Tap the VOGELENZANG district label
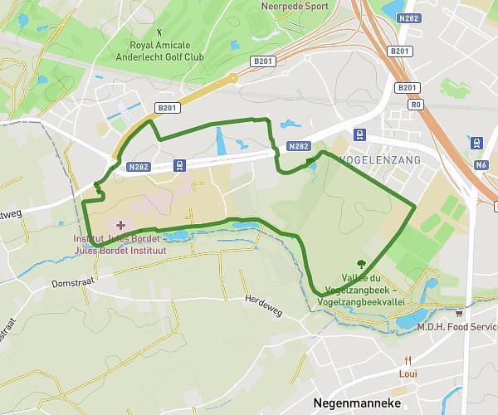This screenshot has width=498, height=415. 374,158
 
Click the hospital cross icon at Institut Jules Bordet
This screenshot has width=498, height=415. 121,225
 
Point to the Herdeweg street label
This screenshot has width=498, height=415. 263,304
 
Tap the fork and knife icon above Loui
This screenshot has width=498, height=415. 408,360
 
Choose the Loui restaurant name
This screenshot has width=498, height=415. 408,373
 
